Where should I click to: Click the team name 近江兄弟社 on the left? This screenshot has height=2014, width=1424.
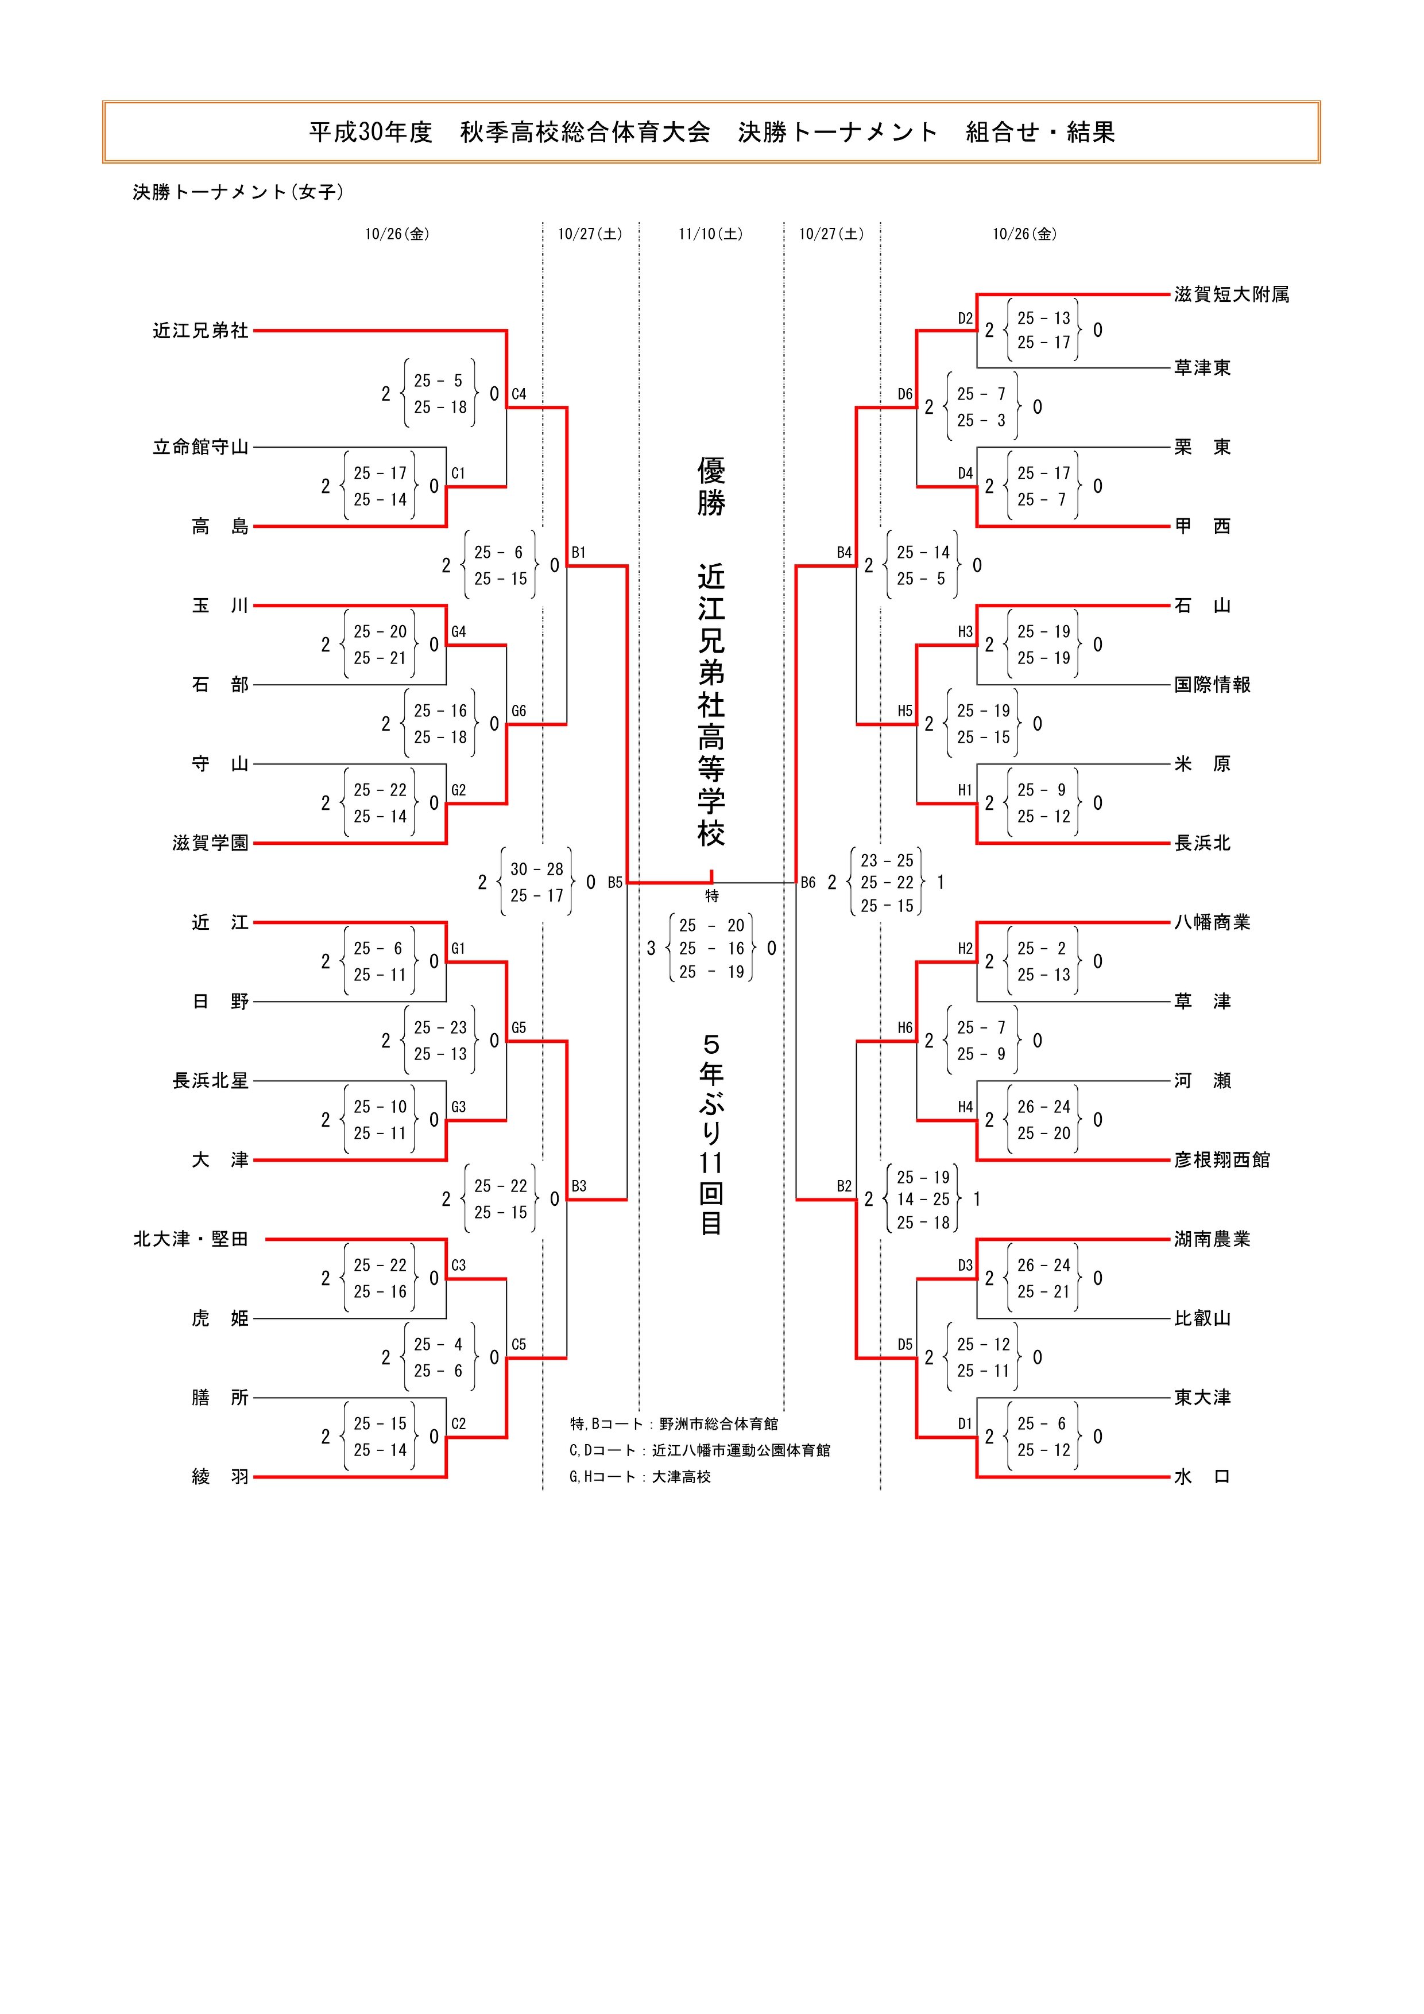coord(201,331)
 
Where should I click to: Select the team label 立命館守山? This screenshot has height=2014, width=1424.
coord(201,447)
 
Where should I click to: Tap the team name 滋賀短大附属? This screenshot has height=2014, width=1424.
coord(1232,295)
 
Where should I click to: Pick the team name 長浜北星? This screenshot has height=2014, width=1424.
coord(211,1081)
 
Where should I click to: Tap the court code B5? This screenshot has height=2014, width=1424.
coord(615,882)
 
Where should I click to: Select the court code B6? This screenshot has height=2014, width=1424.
coord(808,882)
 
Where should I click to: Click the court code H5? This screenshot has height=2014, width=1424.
coord(904,711)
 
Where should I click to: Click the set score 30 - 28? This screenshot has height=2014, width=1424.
coord(537,870)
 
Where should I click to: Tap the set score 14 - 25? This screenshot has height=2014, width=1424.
coord(923,1199)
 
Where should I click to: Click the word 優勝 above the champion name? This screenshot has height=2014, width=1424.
coord(711,487)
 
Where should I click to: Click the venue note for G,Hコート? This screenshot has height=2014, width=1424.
coord(640,1476)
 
